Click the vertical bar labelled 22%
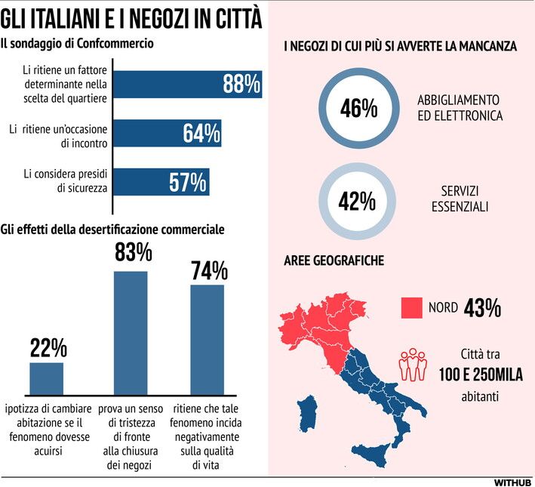47,378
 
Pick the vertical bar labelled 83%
131,332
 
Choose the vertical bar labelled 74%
208,339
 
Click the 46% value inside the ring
358,109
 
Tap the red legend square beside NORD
410,307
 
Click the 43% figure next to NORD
483,308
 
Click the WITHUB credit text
513,481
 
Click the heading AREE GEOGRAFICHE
334,260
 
